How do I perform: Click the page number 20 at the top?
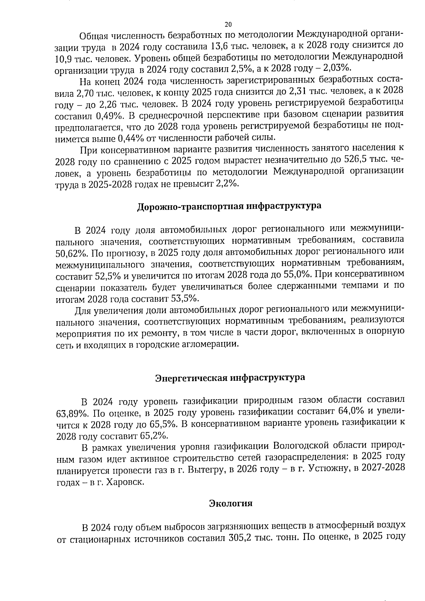click(x=228, y=24)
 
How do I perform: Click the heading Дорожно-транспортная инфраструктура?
click(x=229, y=206)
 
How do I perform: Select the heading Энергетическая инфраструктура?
click(x=230, y=378)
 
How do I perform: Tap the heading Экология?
click(x=231, y=503)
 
